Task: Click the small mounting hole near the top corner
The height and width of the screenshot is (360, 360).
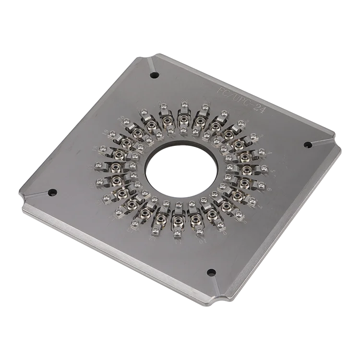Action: [155, 75]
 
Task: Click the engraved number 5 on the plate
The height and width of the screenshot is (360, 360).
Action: [272, 171]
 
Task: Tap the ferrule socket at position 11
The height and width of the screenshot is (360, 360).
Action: [179, 220]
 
